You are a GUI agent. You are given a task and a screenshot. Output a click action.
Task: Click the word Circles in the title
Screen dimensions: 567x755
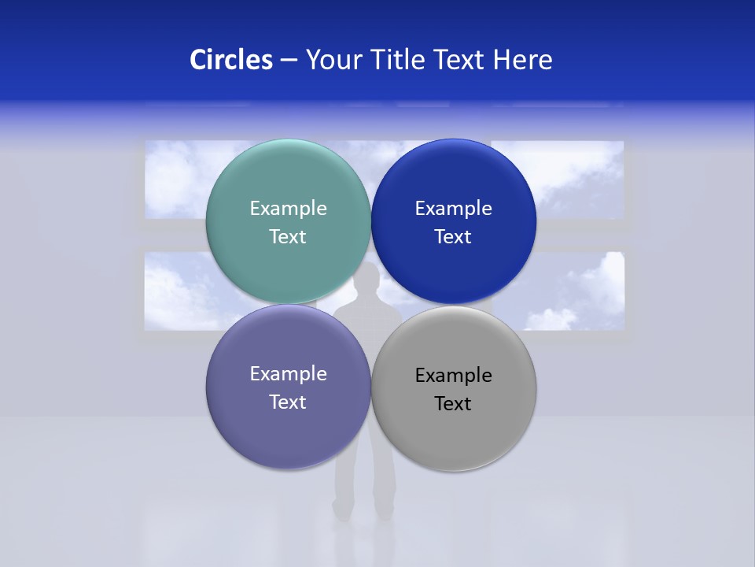point(230,60)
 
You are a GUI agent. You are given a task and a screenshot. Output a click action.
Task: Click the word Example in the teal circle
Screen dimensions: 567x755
point(288,208)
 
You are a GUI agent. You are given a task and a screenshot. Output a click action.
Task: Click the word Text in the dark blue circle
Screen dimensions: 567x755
point(453,236)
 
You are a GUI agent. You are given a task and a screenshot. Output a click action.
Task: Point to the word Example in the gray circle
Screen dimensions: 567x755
point(453,375)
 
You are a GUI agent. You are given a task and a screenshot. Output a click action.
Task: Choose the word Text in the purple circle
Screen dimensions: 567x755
point(288,402)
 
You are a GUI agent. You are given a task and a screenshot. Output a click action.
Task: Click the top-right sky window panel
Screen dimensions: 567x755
point(578,180)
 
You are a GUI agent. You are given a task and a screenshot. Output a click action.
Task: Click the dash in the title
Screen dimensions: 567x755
point(289,60)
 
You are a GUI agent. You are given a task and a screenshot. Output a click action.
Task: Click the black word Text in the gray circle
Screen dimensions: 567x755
point(453,403)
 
